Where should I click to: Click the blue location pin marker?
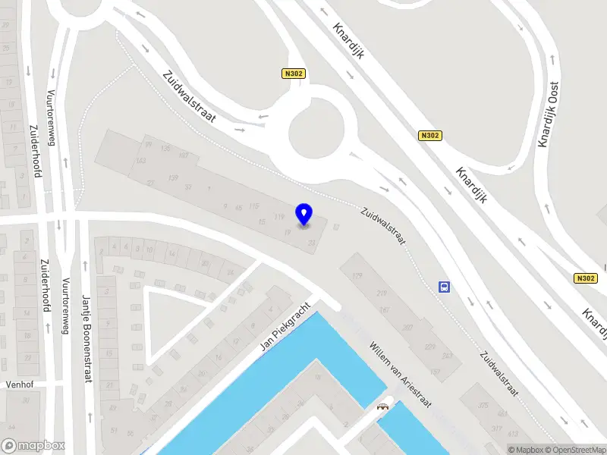304,214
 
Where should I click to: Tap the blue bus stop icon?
444,287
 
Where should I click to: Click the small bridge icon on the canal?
382,406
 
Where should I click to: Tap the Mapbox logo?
33,445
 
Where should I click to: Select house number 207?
407,327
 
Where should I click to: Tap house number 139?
173,177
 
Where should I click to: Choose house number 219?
381,293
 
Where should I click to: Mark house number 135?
165,148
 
